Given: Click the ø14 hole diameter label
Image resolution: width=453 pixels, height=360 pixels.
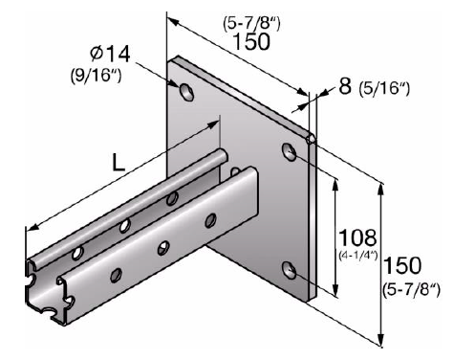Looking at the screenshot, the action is pyautogui.click(x=110, y=54).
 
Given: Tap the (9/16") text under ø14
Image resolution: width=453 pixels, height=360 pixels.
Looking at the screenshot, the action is pyautogui.click(x=97, y=76).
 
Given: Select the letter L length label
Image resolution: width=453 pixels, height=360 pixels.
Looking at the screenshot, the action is pyautogui.click(x=119, y=163).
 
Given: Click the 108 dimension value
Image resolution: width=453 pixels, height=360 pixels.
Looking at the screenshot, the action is pyautogui.click(x=357, y=237).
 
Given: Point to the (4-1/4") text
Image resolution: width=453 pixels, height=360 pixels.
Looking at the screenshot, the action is pyautogui.click(x=357, y=256).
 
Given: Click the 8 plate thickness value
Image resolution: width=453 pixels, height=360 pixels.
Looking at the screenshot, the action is pyautogui.click(x=345, y=86).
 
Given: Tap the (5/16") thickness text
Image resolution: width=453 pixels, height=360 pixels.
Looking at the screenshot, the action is pyautogui.click(x=384, y=88).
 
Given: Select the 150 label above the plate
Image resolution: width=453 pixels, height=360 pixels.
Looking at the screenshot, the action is pyautogui.click(x=251, y=41).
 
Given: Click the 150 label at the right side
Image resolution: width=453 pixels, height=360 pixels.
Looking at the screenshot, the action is pyautogui.click(x=402, y=265).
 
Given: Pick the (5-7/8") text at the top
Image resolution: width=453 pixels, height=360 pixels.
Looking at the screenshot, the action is pyautogui.click(x=251, y=23).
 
